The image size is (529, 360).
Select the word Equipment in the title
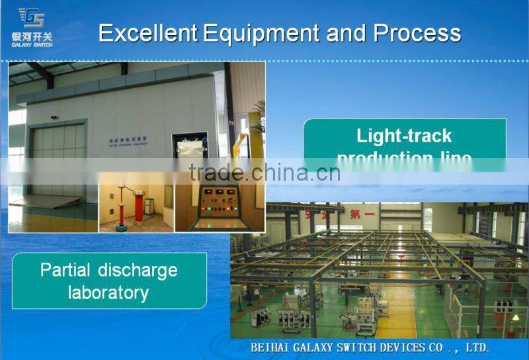pos(263,33)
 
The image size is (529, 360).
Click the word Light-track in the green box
pos(404,136)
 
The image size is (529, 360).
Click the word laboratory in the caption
pos(108,292)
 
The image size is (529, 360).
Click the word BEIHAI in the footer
pos(272,347)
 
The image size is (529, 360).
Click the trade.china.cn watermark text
pos(264,173)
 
